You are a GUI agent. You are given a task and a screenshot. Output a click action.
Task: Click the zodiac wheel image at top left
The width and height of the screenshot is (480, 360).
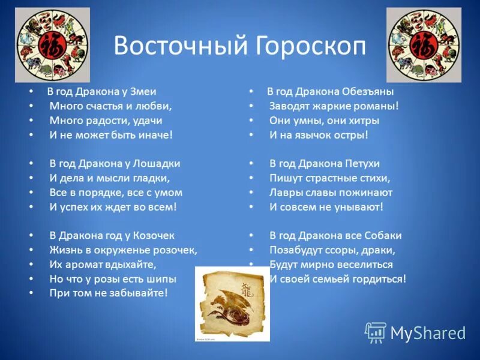point(52,45)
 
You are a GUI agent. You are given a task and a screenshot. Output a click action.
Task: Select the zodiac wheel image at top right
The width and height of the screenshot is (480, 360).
point(424,45)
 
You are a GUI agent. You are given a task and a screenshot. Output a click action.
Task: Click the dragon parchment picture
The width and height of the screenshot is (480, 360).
point(232,304)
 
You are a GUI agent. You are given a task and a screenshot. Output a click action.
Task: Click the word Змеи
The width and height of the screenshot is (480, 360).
point(143,92)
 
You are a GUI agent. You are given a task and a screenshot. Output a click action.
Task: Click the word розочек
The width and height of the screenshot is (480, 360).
point(174,250)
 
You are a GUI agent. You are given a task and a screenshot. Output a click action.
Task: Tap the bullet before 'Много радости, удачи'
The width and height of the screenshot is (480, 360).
point(31,121)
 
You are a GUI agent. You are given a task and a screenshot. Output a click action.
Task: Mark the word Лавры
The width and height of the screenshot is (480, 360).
point(284,193)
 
